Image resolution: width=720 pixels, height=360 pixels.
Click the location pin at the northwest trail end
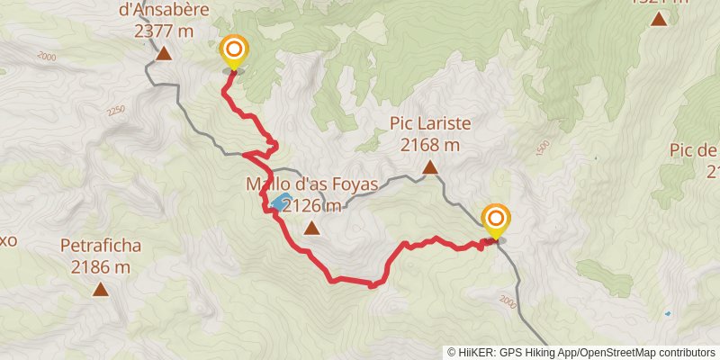[234, 50]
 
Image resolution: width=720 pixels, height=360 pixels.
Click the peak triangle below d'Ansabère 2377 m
[164, 54]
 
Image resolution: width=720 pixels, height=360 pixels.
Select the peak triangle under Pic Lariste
[431, 166]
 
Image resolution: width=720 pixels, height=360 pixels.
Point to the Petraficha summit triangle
[100, 289]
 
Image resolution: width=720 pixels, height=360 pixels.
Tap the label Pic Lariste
[430, 123]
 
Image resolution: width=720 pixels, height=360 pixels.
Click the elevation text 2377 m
[164, 30]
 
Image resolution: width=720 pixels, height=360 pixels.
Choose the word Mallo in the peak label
[266, 184]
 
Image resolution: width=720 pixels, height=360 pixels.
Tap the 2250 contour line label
[114, 111]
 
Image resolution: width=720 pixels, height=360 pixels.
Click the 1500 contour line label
[541, 148]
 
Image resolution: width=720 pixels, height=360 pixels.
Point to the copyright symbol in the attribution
[453, 352]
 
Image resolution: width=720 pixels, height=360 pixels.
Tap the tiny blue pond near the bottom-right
[667, 314]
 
